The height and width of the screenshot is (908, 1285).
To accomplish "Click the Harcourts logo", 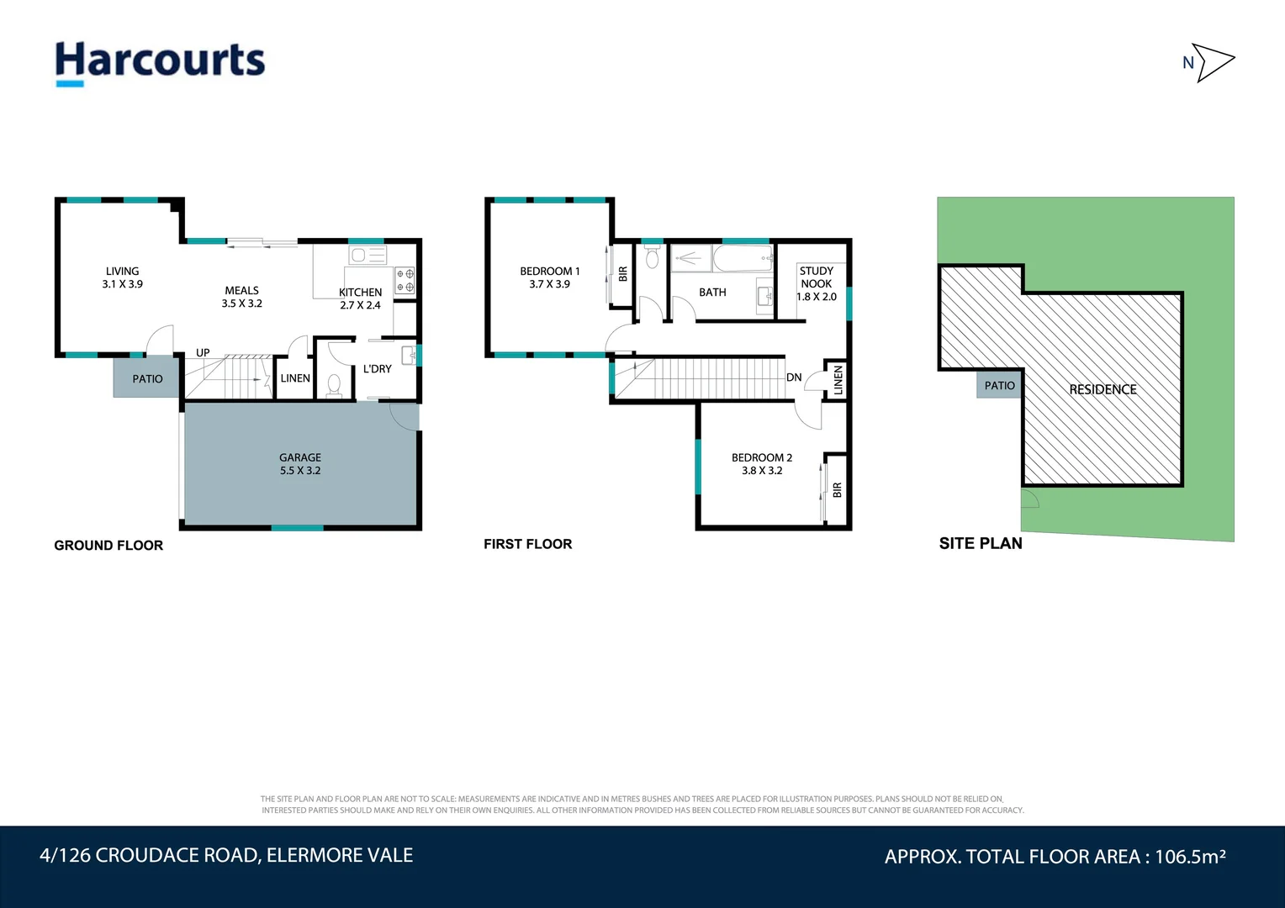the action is click(x=160, y=64).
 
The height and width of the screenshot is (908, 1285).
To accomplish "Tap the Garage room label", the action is click(x=300, y=463).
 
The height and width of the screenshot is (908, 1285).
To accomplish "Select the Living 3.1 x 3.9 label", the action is click(x=122, y=277).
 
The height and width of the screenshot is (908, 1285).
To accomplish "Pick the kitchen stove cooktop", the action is click(x=405, y=281).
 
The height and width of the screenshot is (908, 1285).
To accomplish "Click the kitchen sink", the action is click(x=368, y=255).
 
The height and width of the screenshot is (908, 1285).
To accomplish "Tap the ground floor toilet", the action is click(x=333, y=385).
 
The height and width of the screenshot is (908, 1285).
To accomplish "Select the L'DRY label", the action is click(x=378, y=369).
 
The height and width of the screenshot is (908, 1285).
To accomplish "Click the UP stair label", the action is click(x=203, y=352).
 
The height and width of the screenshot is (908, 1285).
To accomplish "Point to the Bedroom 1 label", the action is click(x=549, y=277).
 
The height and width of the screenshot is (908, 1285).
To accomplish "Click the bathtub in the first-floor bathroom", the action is click(x=743, y=259).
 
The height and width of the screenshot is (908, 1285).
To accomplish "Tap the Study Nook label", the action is click(x=817, y=283).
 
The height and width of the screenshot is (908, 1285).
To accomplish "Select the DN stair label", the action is click(x=794, y=377).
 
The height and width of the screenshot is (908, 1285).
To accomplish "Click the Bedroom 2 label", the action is click(x=762, y=463).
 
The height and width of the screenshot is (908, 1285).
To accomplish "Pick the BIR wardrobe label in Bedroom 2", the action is click(x=837, y=489).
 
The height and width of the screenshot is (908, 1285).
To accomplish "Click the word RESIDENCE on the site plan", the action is click(x=1103, y=389).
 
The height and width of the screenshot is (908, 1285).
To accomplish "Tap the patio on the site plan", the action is click(x=999, y=384).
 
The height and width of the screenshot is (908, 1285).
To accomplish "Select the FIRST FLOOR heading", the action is click(x=528, y=544).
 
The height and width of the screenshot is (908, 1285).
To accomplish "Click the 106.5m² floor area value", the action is click(x=1190, y=857).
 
